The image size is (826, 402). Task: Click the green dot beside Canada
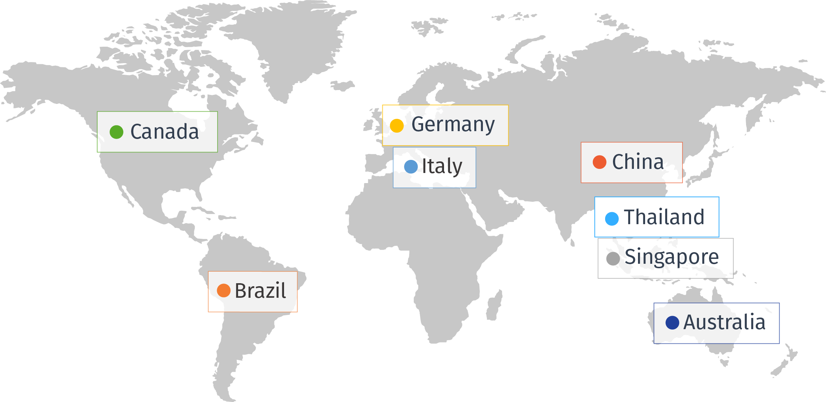(117, 132)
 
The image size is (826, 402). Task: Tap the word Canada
(164, 132)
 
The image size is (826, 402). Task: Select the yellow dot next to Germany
(397, 126)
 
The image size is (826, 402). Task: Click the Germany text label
(453, 125)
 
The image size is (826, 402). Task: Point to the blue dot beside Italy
(411, 167)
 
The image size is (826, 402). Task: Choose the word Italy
(442, 167)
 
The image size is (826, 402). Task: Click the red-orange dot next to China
(600, 162)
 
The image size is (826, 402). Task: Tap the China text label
(638, 162)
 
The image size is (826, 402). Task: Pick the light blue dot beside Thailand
(612, 219)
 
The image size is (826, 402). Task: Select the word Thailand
(664, 217)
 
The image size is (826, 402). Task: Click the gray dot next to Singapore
(613, 259)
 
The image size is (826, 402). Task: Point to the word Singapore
(672, 257)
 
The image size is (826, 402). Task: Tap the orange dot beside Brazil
(224, 290)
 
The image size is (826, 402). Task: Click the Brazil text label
(260, 291)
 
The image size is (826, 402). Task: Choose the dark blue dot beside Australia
(672, 322)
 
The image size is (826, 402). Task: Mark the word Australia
(724, 322)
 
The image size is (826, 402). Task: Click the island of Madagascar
(494, 306)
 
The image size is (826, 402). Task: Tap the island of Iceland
(342, 86)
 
